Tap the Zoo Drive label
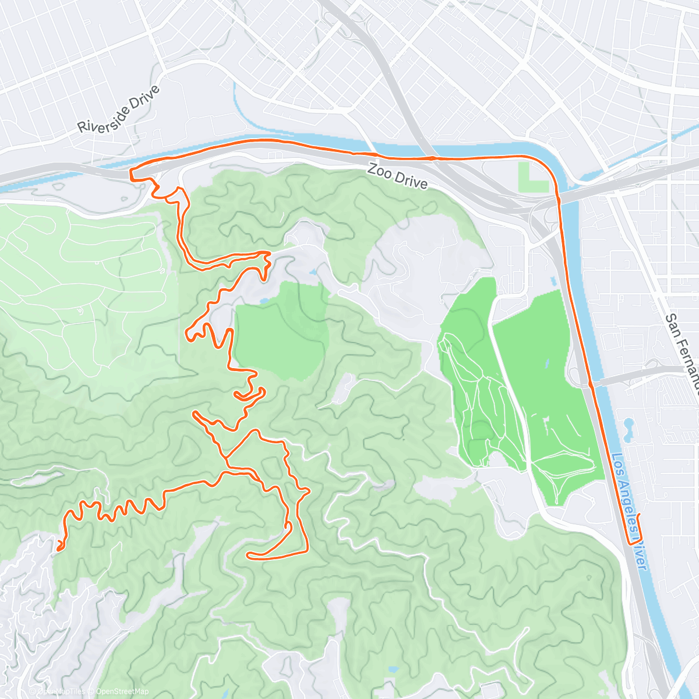click(x=397, y=176)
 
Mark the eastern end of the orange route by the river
click(x=639, y=516)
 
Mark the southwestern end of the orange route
click(x=59, y=548)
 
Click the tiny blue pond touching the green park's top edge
click(x=264, y=301)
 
